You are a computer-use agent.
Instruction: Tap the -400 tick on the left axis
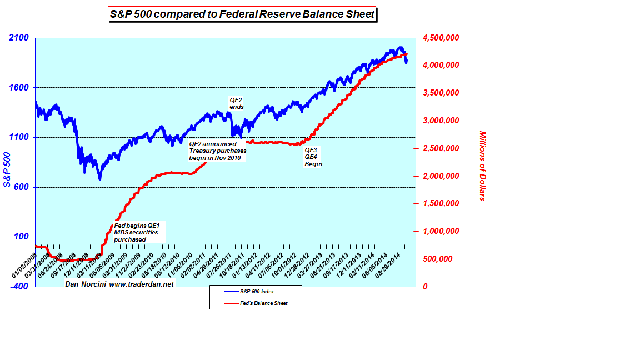(x=18, y=286)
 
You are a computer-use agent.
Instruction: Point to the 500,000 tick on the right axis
(x=442, y=259)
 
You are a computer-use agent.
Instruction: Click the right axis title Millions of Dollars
(x=482, y=166)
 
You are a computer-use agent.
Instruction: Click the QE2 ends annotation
(x=237, y=103)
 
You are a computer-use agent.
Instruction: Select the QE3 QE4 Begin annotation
(x=313, y=157)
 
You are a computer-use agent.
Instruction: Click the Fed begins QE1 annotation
(x=136, y=232)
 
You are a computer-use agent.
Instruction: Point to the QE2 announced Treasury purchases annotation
(x=217, y=151)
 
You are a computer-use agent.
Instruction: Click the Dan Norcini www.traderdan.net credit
(x=119, y=284)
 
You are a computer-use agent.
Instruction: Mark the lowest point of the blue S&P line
(x=100, y=179)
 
